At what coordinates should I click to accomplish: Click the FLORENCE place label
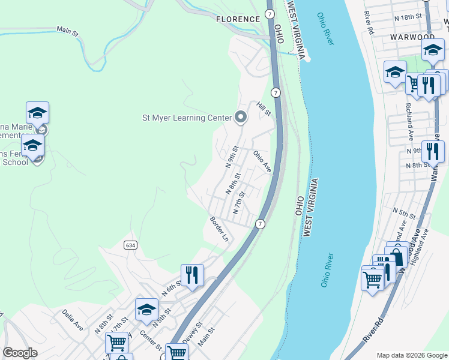point(238,19)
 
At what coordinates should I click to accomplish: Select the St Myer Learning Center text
point(186,118)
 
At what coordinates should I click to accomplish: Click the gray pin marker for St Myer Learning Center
point(241,117)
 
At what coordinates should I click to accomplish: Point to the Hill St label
point(265,109)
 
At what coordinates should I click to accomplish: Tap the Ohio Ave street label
point(262,161)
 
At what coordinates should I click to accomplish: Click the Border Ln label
point(219,229)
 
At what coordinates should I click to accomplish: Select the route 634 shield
point(131,245)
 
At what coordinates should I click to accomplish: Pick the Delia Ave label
point(72,320)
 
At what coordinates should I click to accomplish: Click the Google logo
point(20,353)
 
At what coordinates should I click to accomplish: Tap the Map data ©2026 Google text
point(411,355)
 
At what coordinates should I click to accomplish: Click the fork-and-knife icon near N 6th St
point(192,275)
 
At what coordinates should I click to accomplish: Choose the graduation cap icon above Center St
point(146,310)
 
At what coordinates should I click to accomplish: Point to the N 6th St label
point(172,289)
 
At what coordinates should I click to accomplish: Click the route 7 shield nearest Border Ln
point(260,224)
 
